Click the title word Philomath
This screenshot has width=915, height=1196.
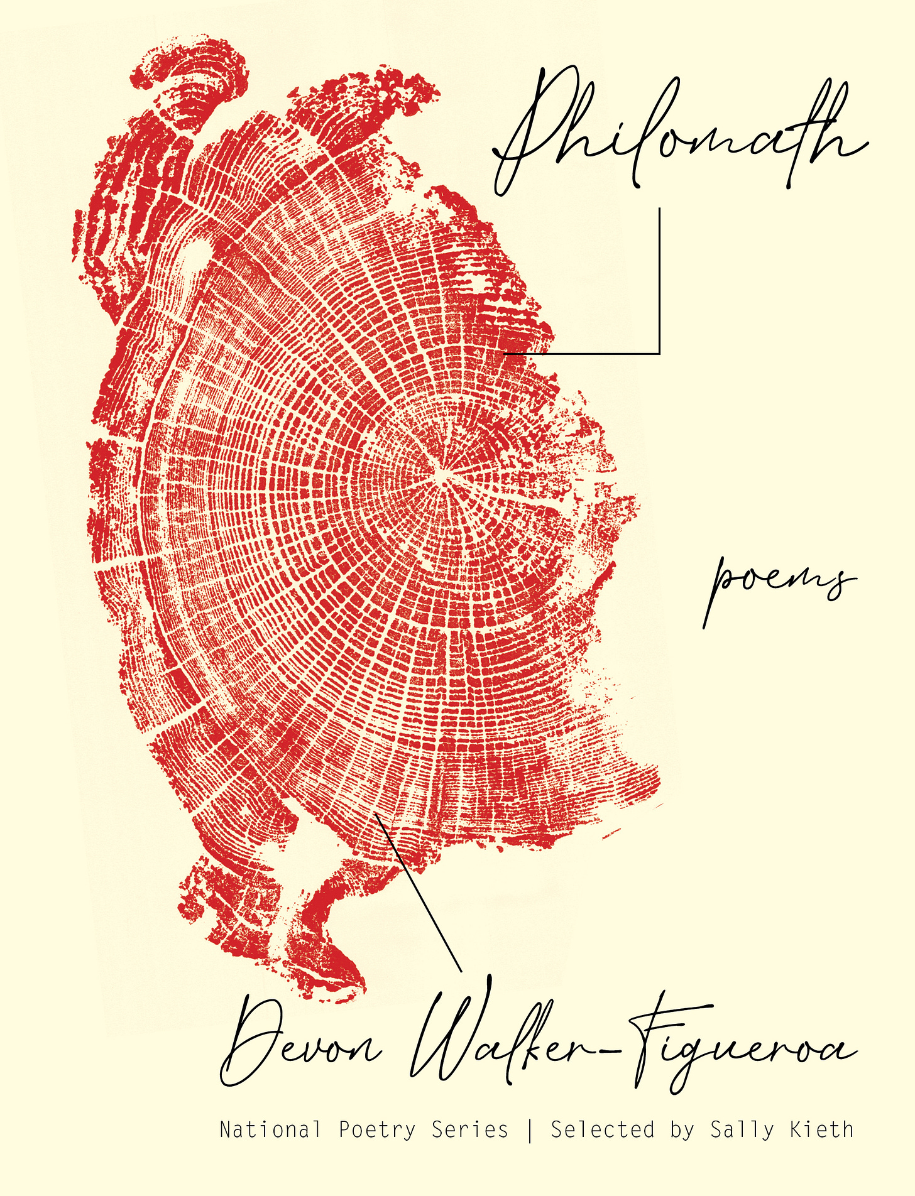coord(679,135)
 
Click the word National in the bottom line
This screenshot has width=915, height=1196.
coord(270,1129)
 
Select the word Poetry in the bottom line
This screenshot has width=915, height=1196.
coord(377,1129)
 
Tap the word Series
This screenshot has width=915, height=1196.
coord(469,1129)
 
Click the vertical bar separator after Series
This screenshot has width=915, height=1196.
coord(530,1129)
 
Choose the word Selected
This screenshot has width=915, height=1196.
coord(603,1129)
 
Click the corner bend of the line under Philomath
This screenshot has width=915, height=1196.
coord(659,354)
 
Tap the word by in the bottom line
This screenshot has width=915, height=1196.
coord(682,1129)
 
